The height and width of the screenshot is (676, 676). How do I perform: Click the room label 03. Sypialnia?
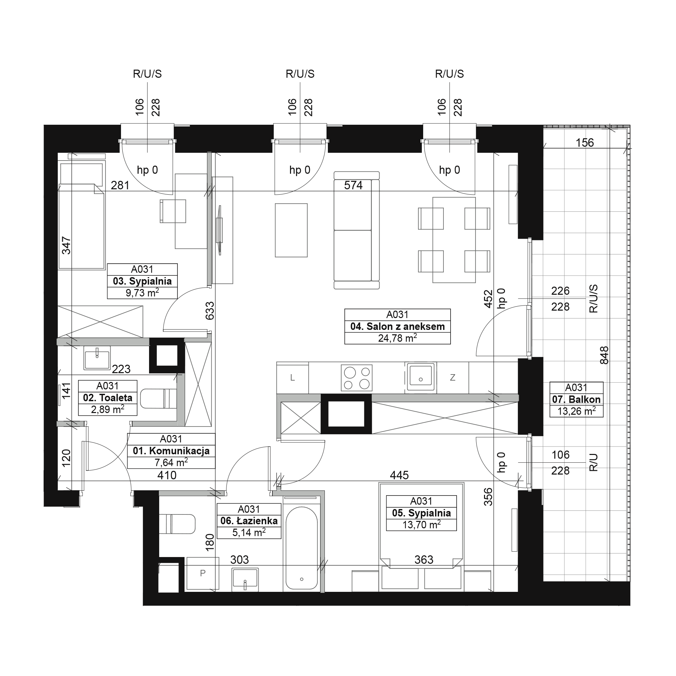pyautogui.click(x=142, y=281)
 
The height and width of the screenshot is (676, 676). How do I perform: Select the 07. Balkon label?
pyautogui.click(x=576, y=399)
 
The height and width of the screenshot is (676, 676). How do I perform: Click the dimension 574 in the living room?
pyautogui.click(x=353, y=186)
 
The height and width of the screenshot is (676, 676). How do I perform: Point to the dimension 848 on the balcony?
pyautogui.click(x=604, y=355)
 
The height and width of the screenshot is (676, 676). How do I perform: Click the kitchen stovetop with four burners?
pyautogui.click(x=357, y=378)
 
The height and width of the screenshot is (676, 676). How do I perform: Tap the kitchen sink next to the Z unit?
pyautogui.click(x=420, y=377)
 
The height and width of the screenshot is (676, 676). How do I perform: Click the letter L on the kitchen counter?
pyautogui.click(x=292, y=378)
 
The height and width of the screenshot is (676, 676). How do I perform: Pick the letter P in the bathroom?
pyautogui.click(x=202, y=573)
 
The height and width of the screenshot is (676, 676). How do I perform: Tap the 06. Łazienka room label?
pyautogui.click(x=249, y=521)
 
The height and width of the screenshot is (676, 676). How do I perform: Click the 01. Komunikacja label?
pyautogui.click(x=171, y=451)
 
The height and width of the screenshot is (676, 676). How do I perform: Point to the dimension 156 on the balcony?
pyautogui.click(x=585, y=143)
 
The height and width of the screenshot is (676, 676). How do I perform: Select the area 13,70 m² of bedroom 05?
pyautogui.click(x=421, y=525)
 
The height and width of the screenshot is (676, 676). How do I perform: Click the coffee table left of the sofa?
pyautogui.click(x=291, y=230)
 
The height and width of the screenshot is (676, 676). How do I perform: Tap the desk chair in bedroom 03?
pyautogui.click(x=173, y=211)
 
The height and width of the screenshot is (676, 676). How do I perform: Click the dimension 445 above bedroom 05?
pyautogui.click(x=399, y=475)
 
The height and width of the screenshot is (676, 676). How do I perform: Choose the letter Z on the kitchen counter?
pyautogui.click(x=453, y=378)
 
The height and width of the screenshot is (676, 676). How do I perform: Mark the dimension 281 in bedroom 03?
pyautogui.click(x=120, y=186)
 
